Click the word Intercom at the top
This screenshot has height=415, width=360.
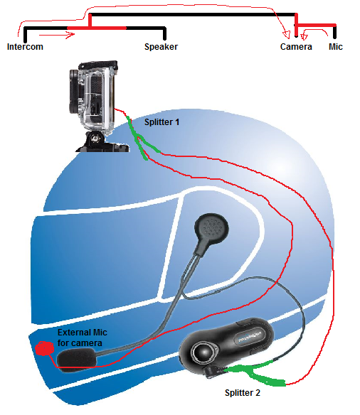pos(25,47)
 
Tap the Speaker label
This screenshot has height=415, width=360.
pos(161,47)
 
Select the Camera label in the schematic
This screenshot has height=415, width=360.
pos(296,47)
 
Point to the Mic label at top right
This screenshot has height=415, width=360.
pos(336,47)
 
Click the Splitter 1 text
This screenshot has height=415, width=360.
pos(162,122)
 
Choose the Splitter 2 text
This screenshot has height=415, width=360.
pos(243,392)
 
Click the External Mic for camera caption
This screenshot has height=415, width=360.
pos(83,338)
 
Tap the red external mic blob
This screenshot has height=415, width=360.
pos(44,348)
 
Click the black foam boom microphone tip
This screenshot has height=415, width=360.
pos(76,357)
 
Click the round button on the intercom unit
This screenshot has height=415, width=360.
pos(203,352)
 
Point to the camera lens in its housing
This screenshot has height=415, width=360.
pos(75,91)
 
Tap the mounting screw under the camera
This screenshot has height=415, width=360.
pos(95,137)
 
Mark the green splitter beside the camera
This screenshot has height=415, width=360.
pos(139,139)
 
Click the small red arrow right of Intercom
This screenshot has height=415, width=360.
pos(57,34)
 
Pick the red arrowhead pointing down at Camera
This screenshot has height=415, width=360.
pos(286,34)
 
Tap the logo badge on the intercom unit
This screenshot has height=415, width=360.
pos(250,335)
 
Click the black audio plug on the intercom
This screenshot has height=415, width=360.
pos(215,370)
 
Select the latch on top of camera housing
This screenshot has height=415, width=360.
pos(98,65)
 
